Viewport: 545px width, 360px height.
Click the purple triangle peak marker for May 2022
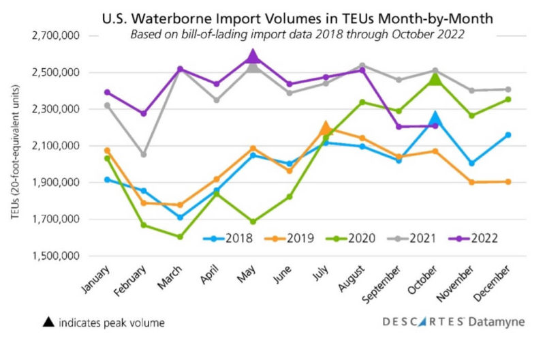pyautogui.click(x=253, y=57)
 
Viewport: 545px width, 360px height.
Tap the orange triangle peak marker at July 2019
pyautogui.click(x=326, y=127)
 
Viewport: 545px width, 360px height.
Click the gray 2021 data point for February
pyautogui.click(x=143, y=155)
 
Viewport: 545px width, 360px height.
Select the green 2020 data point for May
pyautogui.click(x=253, y=222)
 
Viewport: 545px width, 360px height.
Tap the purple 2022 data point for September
pyautogui.click(x=399, y=127)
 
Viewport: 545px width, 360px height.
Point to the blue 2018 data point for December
pyautogui.click(x=508, y=135)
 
